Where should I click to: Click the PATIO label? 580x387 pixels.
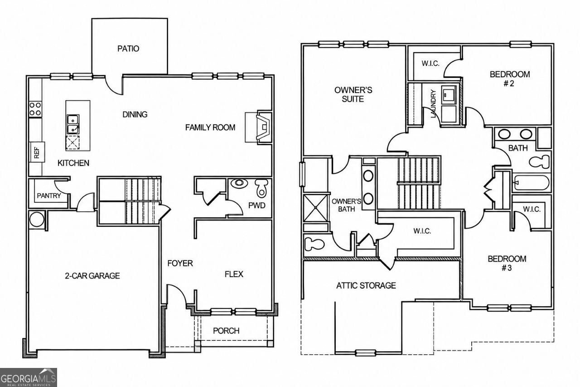coord(128,49)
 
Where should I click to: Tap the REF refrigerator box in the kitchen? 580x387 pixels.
coord(37,152)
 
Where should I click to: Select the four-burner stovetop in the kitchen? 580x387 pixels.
coord(35,109)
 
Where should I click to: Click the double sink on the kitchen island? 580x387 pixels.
coord(73,124)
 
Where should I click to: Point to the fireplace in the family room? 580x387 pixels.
coord(262,127)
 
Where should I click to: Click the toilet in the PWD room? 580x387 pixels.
coord(261,188)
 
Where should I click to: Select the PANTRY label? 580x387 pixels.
coord(49,196)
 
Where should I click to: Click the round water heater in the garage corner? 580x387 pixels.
coord(37,220)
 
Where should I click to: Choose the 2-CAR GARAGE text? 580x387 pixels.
coord(92,275)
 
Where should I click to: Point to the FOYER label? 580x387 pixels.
coord(180,263)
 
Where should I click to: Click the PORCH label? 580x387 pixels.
coord(226,331)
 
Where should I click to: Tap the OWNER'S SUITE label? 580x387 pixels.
coord(353,94)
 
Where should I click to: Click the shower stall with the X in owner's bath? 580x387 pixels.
coord(316,208)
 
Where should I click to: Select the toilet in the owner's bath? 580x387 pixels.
coord(314,244)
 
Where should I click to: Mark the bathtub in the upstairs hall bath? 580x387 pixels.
coord(532,182)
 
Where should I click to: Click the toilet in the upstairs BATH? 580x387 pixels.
coord(539,162)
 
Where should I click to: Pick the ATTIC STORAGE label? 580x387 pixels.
coord(366,285)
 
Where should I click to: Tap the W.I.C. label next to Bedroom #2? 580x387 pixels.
coord(430,64)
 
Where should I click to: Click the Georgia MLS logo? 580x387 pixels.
coord(29,377)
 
